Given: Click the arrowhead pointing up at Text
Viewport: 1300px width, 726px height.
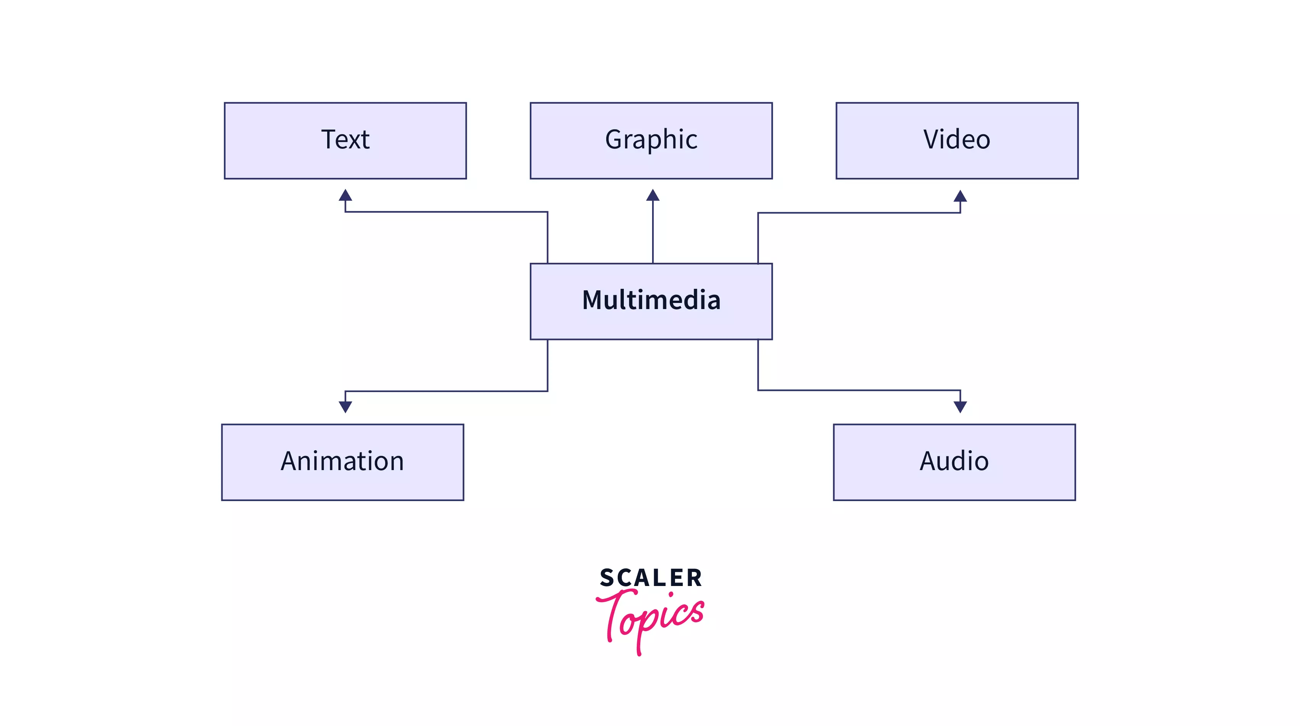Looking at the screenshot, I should [x=345, y=195].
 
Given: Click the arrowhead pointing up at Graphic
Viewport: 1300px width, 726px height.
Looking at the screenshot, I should [x=652, y=195].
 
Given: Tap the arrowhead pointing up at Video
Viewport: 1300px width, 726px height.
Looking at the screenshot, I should [x=960, y=196].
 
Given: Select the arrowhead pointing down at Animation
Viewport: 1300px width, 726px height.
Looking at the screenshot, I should [x=345, y=407].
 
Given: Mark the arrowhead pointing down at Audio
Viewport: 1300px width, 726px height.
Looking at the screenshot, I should [x=960, y=407].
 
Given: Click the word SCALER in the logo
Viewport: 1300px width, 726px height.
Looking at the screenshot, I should [x=651, y=578].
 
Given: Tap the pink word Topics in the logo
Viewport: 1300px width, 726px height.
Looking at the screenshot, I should [x=651, y=616].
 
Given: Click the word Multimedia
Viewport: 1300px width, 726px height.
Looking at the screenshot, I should [x=651, y=300].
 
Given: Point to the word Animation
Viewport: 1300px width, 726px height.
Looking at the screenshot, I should [x=342, y=461].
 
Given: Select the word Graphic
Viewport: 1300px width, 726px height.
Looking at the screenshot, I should [x=651, y=139].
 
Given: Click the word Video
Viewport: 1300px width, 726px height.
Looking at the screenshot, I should [x=957, y=139].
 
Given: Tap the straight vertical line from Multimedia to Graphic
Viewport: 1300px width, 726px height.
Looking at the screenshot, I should [x=652, y=232].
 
